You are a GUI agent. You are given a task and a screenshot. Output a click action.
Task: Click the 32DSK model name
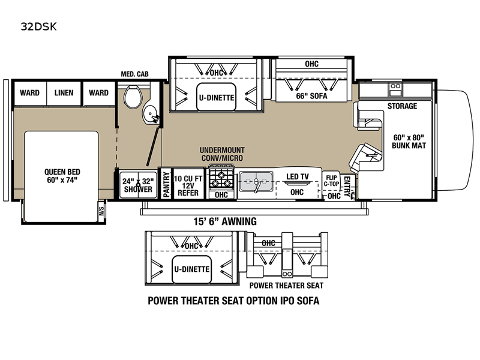pyautogui.click(x=38, y=26)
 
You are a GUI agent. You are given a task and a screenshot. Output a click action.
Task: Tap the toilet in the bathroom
pyautogui.click(x=133, y=96)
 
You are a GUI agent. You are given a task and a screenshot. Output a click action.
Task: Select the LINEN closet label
pyautogui.click(x=64, y=93)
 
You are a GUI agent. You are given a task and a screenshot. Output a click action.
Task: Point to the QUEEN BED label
pyautogui.click(x=62, y=176)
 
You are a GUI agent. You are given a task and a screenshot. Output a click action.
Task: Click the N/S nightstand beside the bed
pyautogui.click(x=101, y=211)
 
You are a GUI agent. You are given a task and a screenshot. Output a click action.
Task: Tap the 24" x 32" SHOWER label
pyautogui.click(x=138, y=185)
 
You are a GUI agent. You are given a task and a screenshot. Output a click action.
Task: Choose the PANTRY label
pyautogui.click(x=166, y=184)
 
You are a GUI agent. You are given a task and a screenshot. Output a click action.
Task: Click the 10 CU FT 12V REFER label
pyautogui.click(x=188, y=185)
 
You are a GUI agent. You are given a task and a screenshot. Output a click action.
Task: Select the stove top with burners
pyautogui.click(x=221, y=178)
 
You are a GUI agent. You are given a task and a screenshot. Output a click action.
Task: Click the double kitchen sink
pyautogui.click(x=256, y=181)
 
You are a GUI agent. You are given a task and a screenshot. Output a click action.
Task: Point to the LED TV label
pyautogui.click(x=298, y=176)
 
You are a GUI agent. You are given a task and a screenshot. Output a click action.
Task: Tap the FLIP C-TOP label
pyautogui.click(x=332, y=181)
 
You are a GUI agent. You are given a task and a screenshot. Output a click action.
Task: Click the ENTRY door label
pyautogui.click(x=347, y=186)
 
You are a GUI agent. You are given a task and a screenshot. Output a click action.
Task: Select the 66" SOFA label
pyautogui.click(x=311, y=96)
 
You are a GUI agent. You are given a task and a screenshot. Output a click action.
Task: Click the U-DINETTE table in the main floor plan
pyautogui.click(x=217, y=97)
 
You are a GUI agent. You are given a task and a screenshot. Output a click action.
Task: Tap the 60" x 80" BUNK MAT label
pyautogui.click(x=409, y=142)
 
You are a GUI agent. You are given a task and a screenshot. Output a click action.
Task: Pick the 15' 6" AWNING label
pyautogui.click(x=225, y=221)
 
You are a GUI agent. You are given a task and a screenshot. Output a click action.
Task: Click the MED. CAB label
pyautogui.click(x=134, y=74)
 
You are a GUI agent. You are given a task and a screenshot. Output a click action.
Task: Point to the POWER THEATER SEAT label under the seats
pyautogui.click(x=286, y=286)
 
